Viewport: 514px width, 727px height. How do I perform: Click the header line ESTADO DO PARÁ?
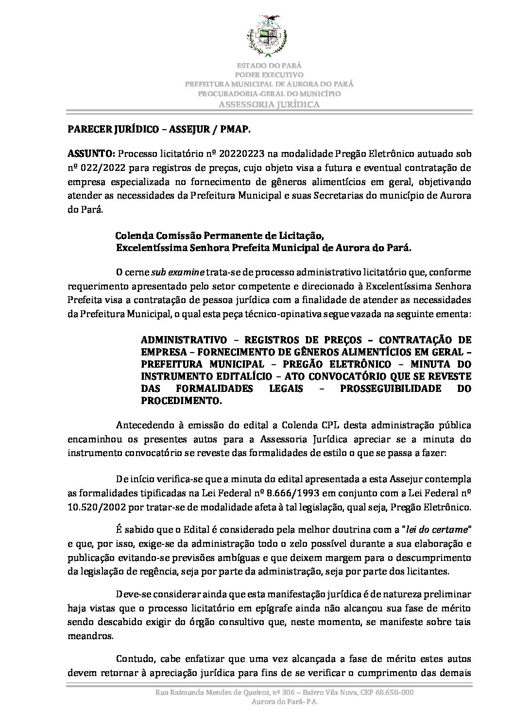pyautogui.click(x=269, y=65)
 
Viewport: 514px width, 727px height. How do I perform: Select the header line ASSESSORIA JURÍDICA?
pyautogui.click(x=269, y=104)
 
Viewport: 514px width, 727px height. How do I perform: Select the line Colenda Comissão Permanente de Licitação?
pyautogui.click(x=219, y=236)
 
